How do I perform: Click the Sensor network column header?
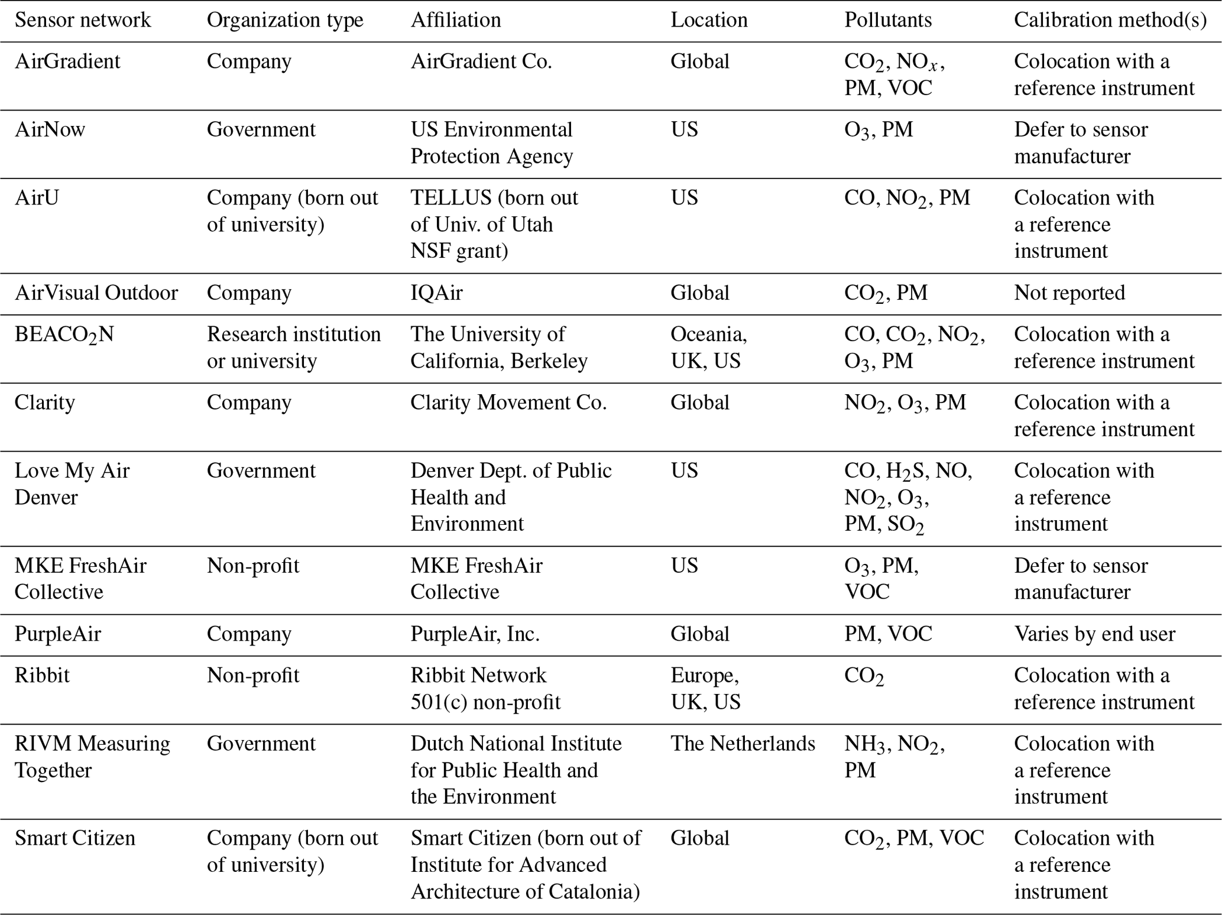click(82, 20)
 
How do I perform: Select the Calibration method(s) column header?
click(1110, 20)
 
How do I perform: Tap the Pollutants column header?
click(887, 20)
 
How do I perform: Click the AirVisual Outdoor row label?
click(96, 293)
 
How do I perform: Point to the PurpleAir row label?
click(57, 634)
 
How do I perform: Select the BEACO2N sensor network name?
click(64, 335)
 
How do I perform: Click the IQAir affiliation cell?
click(436, 293)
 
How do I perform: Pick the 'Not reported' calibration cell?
click(1069, 293)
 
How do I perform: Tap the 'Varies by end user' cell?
click(1094, 634)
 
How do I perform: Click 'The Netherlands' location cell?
click(742, 744)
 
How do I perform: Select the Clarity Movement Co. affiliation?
click(508, 403)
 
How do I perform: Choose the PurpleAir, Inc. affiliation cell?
click(475, 634)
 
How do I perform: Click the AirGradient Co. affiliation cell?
click(481, 61)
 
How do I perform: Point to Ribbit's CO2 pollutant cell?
click(864, 676)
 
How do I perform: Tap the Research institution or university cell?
click(293, 348)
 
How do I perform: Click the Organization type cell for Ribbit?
click(252, 676)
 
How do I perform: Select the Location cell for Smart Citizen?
click(699, 838)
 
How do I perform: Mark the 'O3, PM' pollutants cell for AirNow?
click(878, 130)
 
